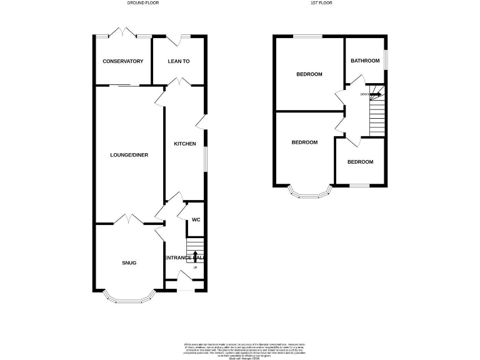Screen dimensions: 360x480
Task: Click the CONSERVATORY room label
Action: [x=123, y=61]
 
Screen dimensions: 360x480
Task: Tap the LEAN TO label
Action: [x=179, y=61]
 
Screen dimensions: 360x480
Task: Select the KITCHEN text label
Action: [x=184, y=144]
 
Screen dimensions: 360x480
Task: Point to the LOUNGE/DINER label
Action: [x=129, y=155]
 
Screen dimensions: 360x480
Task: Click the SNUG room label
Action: [x=129, y=262]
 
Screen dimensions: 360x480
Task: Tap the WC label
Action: [x=196, y=220]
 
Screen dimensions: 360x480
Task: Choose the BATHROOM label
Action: [x=364, y=61]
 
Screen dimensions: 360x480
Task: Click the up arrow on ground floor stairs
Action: [x=195, y=255]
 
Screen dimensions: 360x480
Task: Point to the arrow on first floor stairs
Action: [x=376, y=94]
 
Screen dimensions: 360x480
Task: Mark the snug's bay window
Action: [x=129, y=301]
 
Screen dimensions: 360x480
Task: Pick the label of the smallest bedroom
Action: [x=360, y=162]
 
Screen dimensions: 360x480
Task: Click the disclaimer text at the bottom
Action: [x=244, y=349]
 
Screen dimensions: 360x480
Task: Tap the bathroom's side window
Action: [x=385, y=61]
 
